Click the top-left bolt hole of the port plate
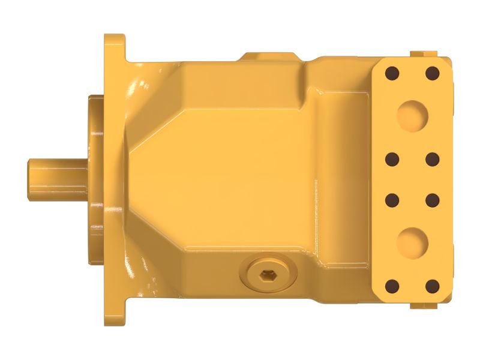point(392,74)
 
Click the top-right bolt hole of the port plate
point(432,74)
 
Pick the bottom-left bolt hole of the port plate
point(392,286)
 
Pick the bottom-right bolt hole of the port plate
point(432,286)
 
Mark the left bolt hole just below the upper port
point(392,159)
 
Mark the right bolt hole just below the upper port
point(432,159)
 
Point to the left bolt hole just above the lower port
point(392,199)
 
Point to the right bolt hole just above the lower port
point(432,199)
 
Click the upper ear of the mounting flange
point(115,48)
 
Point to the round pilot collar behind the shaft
point(96,180)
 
